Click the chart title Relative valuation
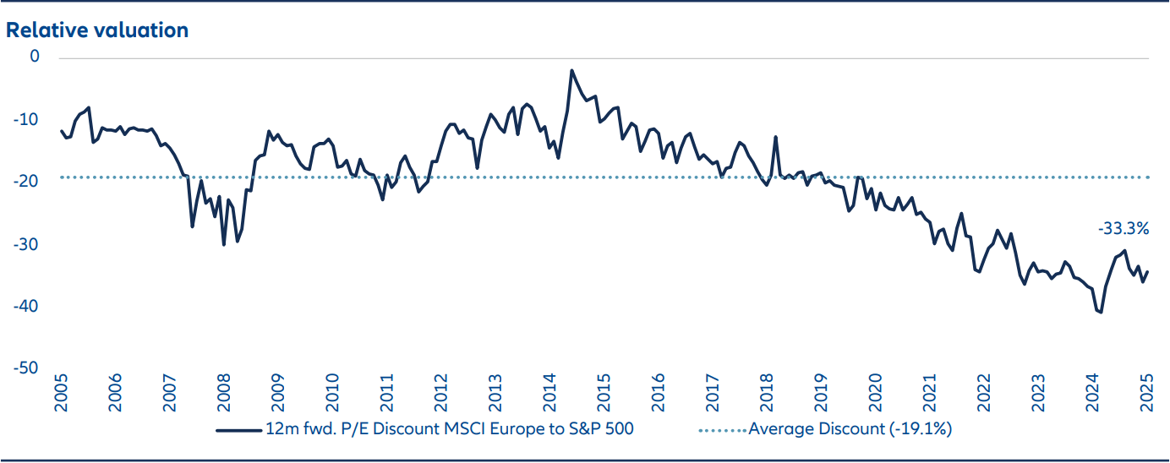[x=97, y=30]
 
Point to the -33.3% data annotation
[x=1124, y=228]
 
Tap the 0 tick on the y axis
[x=35, y=57]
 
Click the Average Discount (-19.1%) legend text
[x=850, y=429]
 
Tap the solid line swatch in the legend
[x=238, y=429]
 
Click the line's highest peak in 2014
[x=571, y=70]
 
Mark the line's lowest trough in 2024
[x=1101, y=312]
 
